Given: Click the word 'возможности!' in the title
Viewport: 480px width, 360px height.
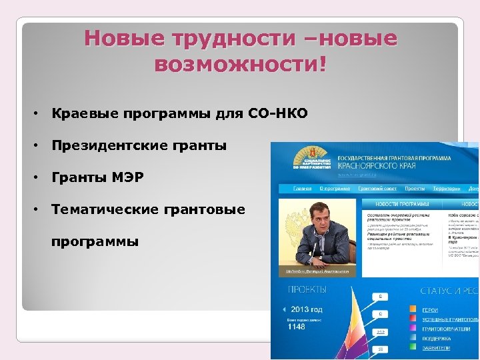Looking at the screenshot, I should click(x=240, y=65).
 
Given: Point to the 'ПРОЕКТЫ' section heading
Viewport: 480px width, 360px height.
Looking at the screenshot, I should click(x=307, y=291).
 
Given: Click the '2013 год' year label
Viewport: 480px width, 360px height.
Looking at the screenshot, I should click(x=306, y=309).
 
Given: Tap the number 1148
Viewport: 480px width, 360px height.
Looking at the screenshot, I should click(x=296, y=327).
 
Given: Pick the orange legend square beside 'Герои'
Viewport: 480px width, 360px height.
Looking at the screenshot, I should click(x=413, y=310).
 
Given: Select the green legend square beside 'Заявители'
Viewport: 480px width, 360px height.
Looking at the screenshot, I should click(x=413, y=348).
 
